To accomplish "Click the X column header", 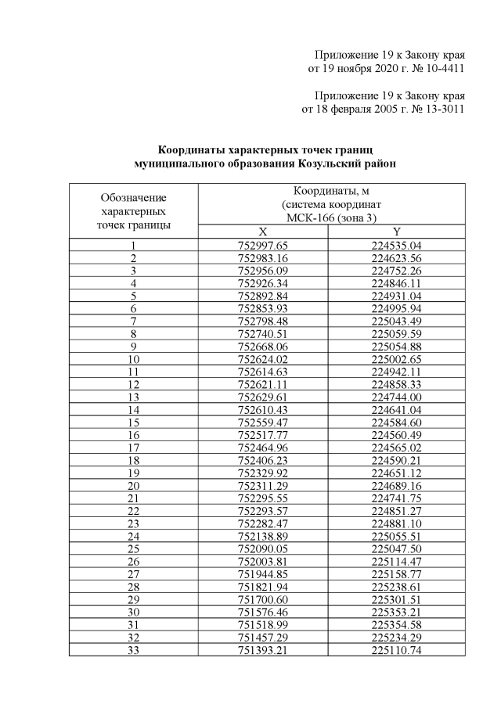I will pos(262,232).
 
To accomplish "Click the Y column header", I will pos(397,232).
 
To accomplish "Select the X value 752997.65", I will pos(262,246).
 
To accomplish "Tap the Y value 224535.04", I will pos(397,246).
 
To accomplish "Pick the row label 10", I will pos(133,358).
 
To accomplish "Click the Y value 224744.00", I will pos(397,396).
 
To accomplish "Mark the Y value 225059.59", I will pos(397,333).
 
